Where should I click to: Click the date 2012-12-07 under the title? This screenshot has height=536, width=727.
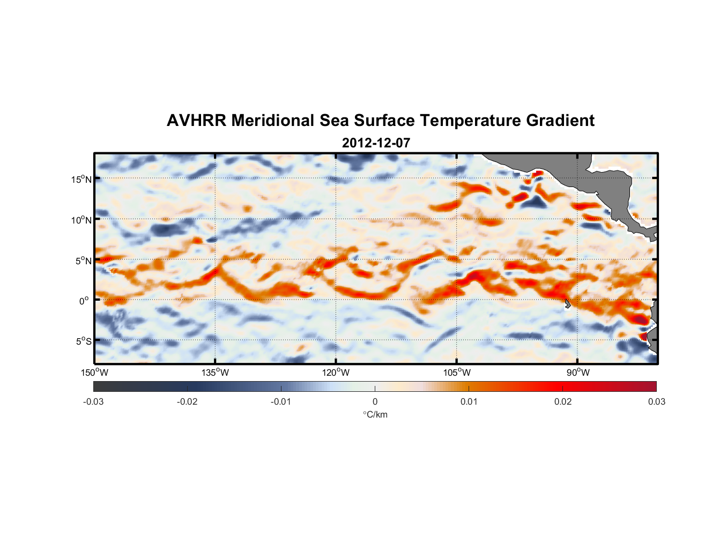(376, 143)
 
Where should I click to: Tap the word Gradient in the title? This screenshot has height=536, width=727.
(560, 121)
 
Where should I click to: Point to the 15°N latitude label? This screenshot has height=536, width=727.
(81, 179)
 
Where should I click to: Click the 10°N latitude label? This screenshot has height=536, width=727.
(81, 220)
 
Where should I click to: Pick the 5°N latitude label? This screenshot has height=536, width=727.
(83, 260)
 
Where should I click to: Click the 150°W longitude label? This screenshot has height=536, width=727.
(95, 373)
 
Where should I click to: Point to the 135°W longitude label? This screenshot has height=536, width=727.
(216, 373)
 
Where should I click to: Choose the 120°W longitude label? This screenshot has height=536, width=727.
(336, 373)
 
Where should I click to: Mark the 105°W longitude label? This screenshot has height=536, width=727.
(457, 373)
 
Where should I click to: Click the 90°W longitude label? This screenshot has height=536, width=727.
(578, 373)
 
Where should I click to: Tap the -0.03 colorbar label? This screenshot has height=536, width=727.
(93, 401)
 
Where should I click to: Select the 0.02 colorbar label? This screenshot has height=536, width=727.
(563, 401)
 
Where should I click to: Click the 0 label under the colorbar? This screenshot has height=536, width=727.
(375, 401)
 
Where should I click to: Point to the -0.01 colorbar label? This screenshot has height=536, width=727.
(281, 401)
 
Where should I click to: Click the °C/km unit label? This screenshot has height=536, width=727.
(375, 414)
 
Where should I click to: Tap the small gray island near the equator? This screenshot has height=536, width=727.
(567, 304)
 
